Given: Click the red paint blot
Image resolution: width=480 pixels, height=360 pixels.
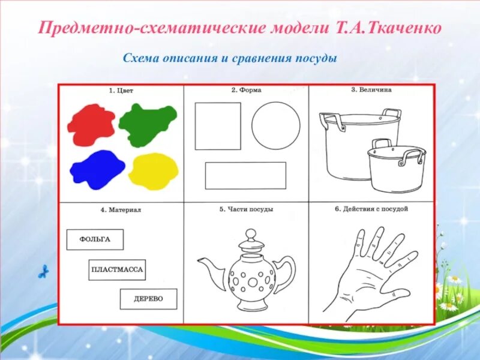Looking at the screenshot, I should [91, 124].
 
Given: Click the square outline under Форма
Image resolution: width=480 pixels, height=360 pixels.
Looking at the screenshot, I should [218, 126].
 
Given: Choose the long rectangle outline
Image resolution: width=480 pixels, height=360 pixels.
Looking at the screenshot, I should [245, 175].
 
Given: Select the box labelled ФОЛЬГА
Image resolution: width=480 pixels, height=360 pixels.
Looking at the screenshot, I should [95, 239].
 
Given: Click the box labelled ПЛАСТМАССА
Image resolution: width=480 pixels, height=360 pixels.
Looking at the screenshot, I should [117, 270].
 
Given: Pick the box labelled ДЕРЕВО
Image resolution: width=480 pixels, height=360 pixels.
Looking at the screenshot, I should [148, 299].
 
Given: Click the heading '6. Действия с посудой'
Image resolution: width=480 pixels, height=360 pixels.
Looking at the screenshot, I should [371, 209].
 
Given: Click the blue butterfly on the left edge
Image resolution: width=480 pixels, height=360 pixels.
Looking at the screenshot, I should [43, 272].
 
